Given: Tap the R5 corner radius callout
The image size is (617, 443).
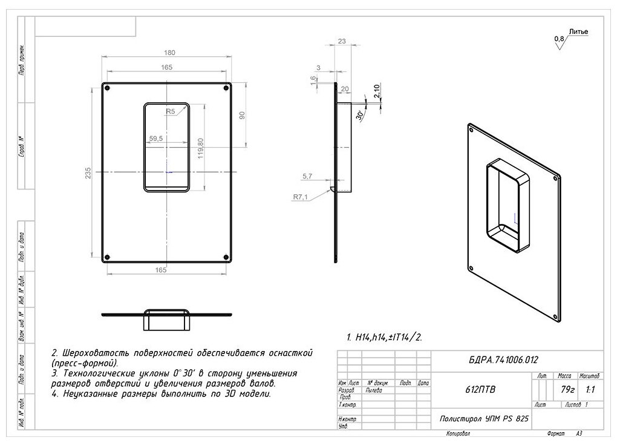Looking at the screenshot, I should (x=171, y=111).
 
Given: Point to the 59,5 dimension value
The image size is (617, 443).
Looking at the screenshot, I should (x=155, y=139).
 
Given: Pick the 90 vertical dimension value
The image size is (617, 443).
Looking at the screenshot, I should (x=242, y=115).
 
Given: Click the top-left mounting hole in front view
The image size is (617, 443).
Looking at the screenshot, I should (x=107, y=88).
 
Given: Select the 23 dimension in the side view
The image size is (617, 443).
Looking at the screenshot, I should (x=342, y=41).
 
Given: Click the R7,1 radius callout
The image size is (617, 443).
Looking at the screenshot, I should (x=301, y=197).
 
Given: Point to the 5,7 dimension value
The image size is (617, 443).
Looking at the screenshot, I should (x=307, y=176).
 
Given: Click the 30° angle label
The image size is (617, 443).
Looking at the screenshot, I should (x=359, y=114).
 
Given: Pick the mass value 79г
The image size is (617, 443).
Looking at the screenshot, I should (x=567, y=390).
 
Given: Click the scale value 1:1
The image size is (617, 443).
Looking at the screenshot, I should (x=590, y=390).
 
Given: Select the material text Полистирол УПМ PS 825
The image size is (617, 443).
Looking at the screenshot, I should (x=481, y=419).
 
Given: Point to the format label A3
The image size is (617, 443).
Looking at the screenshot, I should (x=579, y=433).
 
